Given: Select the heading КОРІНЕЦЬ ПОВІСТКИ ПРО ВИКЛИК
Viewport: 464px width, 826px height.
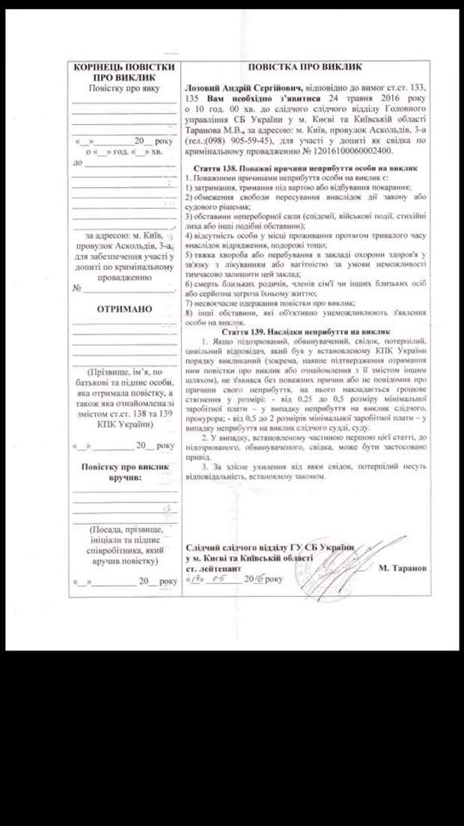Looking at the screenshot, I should [x=124, y=72].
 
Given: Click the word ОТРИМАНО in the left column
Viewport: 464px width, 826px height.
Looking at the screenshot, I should [x=124, y=309].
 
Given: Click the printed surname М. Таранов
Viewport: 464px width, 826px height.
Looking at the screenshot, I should [x=403, y=568].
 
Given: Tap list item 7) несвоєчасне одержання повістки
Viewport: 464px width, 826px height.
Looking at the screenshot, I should [x=269, y=303].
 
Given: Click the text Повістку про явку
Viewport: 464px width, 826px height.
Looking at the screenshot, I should [x=124, y=88].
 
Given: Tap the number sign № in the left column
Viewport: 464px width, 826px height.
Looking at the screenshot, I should [x=76, y=288].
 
